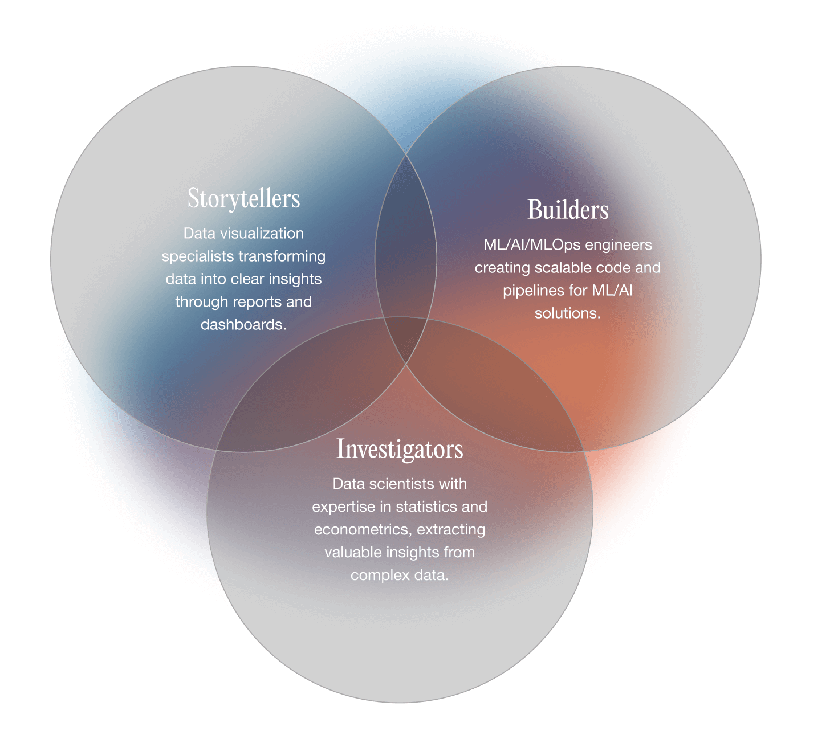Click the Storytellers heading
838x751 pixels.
[243, 199]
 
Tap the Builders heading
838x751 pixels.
[568, 210]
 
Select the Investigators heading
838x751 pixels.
[400, 450]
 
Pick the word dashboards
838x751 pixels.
[243, 325]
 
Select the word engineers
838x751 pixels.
[619, 245]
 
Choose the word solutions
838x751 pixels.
[567, 313]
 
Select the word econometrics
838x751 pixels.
[363, 530]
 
